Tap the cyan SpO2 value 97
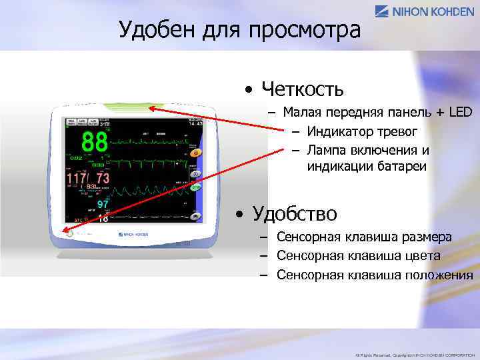[x=103, y=204]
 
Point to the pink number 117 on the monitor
[x=76, y=179]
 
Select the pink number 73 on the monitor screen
[x=103, y=179]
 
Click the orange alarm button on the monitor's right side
[x=195, y=153]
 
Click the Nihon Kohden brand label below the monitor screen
[x=133, y=235]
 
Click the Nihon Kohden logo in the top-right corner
[x=425, y=11]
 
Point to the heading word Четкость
[x=303, y=88]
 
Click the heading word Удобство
[x=295, y=213]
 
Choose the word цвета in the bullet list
[x=420, y=256]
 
